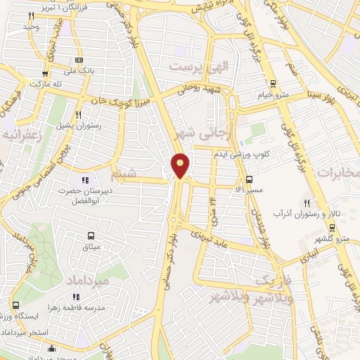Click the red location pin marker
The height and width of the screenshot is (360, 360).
(181, 165)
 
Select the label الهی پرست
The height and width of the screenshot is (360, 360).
(195, 67)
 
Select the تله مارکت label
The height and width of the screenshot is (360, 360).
(42, 83)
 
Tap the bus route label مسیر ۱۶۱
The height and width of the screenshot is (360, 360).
(250, 189)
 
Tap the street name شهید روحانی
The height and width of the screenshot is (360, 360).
(202, 88)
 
